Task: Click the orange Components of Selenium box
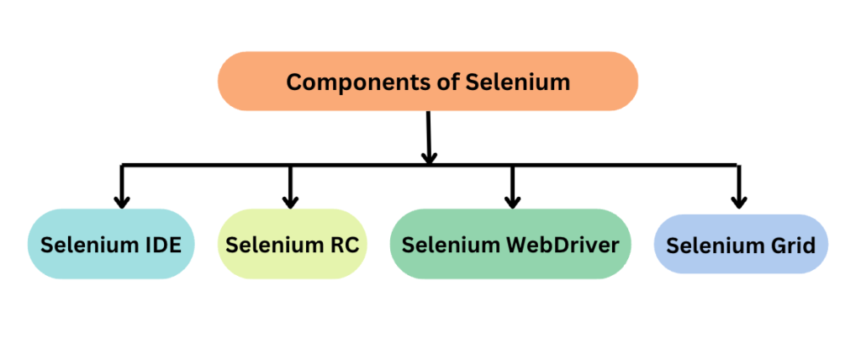pyautogui.click(x=428, y=82)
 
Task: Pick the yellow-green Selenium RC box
pyautogui.click(x=292, y=245)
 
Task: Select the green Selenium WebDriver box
pyautogui.click(x=510, y=245)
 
